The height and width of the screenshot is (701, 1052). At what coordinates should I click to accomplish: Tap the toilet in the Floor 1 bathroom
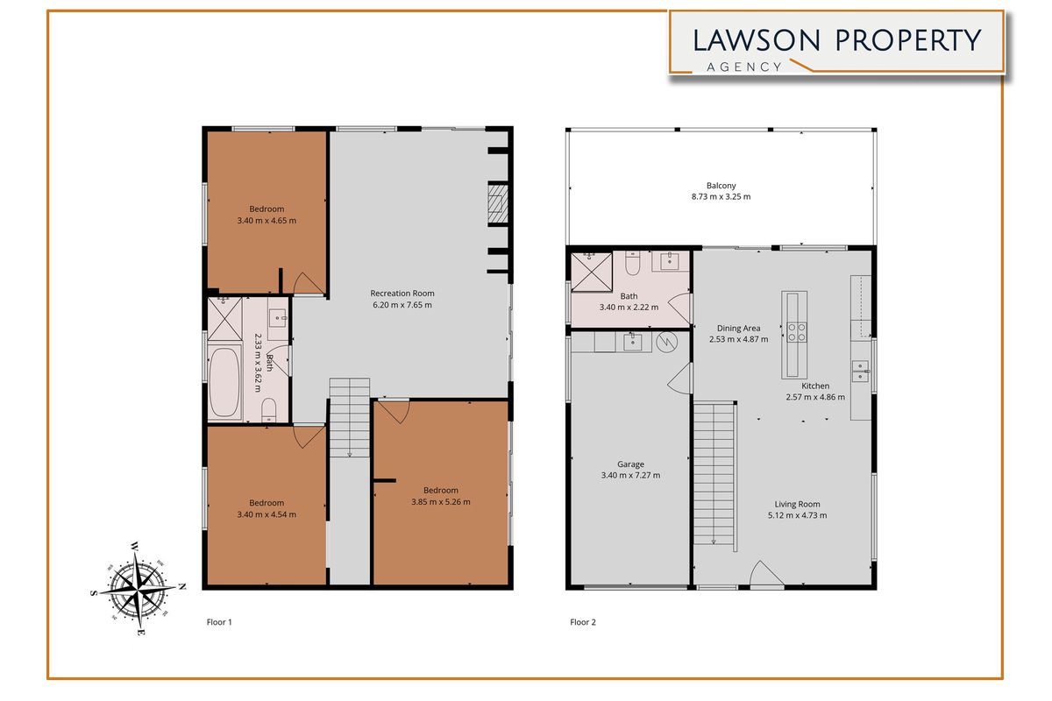pos(271,408)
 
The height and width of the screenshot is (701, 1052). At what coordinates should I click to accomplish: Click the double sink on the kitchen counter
pos(861,372)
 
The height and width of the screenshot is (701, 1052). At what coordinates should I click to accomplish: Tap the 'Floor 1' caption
pos(218,622)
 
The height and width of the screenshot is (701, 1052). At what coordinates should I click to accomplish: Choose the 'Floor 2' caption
pos(583,622)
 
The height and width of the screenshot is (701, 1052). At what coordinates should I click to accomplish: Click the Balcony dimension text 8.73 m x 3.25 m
pos(720,197)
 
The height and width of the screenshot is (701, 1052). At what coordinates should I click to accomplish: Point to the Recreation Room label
pos(402,294)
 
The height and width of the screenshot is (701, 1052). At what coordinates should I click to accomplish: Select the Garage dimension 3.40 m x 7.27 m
pos(630,476)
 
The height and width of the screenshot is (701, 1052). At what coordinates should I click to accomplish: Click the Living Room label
pos(797,504)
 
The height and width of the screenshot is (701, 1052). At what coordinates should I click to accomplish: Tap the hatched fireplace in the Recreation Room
pos(497,202)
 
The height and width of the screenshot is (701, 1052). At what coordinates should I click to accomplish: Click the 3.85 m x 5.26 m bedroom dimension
pos(440,502)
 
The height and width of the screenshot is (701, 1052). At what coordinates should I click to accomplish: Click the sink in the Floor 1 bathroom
pos(278,320)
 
